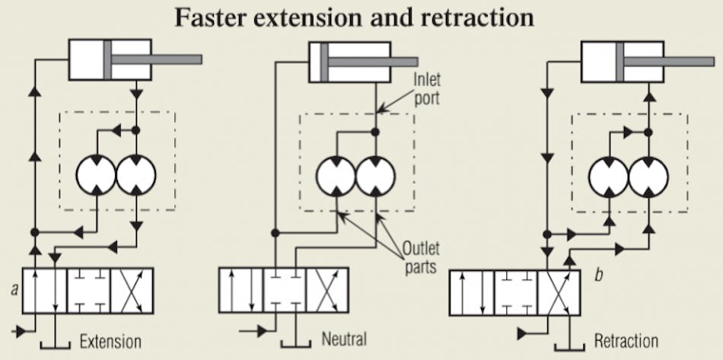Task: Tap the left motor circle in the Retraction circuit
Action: coord(609,178)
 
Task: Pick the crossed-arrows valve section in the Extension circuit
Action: coord(132,290)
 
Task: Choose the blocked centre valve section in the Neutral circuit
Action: coord(285,290)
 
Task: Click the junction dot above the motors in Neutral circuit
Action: coord(374,132)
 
